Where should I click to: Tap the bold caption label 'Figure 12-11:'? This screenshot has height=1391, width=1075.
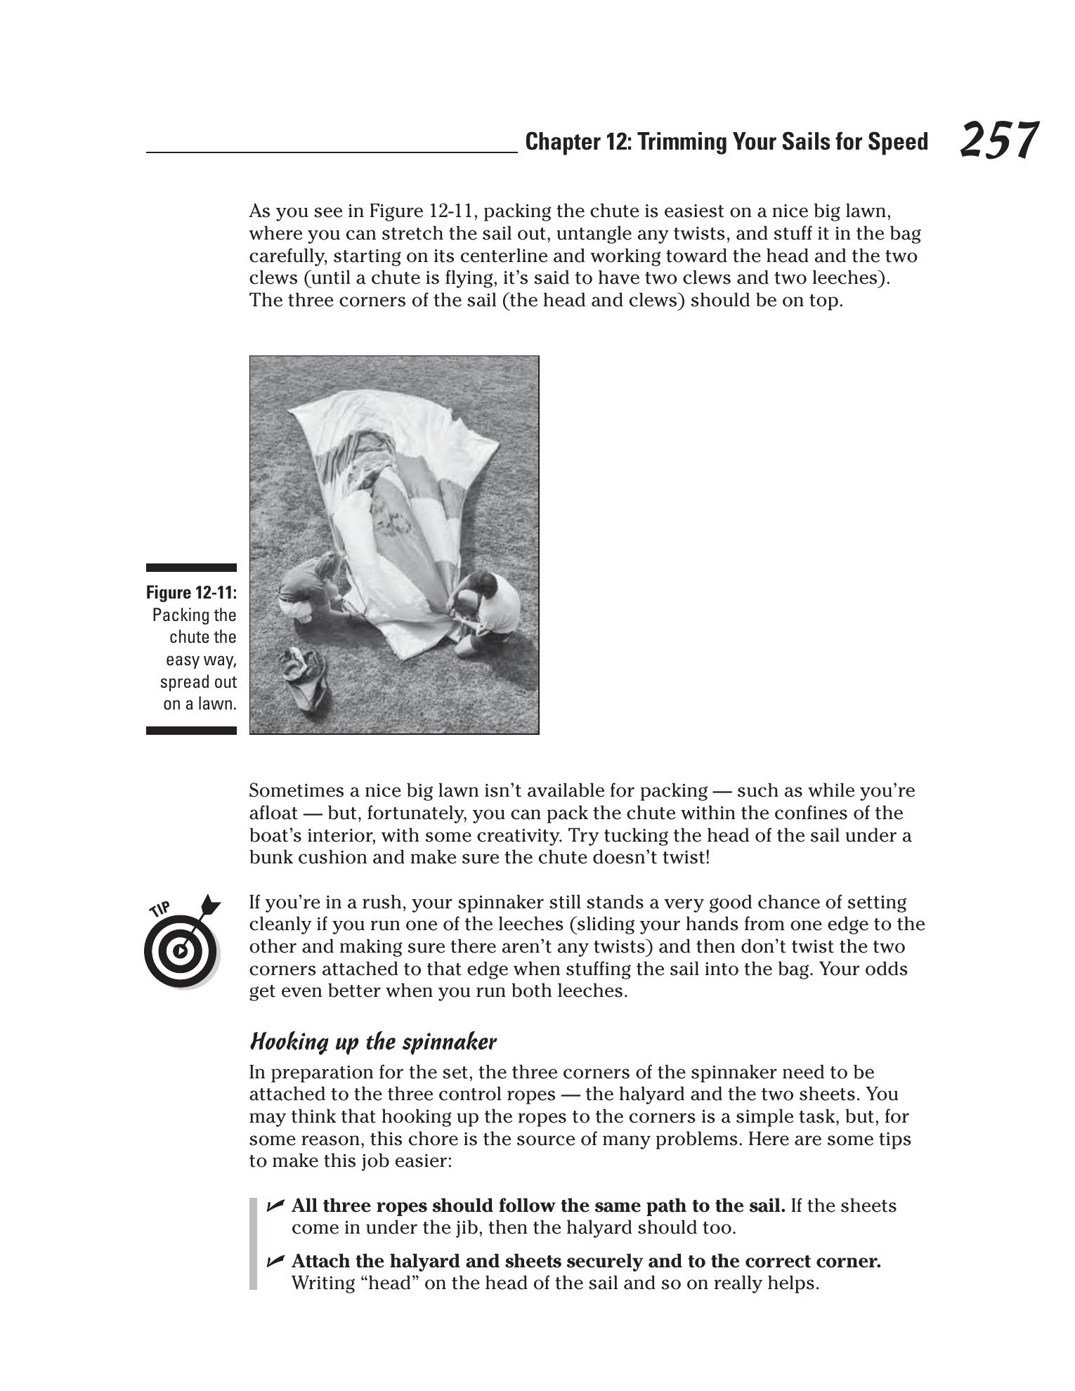pos(191,592)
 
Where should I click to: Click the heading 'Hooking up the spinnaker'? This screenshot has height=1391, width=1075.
pos(372,1041)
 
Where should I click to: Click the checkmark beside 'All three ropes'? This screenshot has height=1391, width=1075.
pos(275,1206)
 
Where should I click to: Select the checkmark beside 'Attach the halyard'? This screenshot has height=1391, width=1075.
pos(275,1261)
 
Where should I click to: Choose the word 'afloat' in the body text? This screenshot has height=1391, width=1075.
pos(274,813)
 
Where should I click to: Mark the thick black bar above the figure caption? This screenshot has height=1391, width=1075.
pos(191,568)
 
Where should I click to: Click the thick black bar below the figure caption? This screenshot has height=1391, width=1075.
pos(191,731)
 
